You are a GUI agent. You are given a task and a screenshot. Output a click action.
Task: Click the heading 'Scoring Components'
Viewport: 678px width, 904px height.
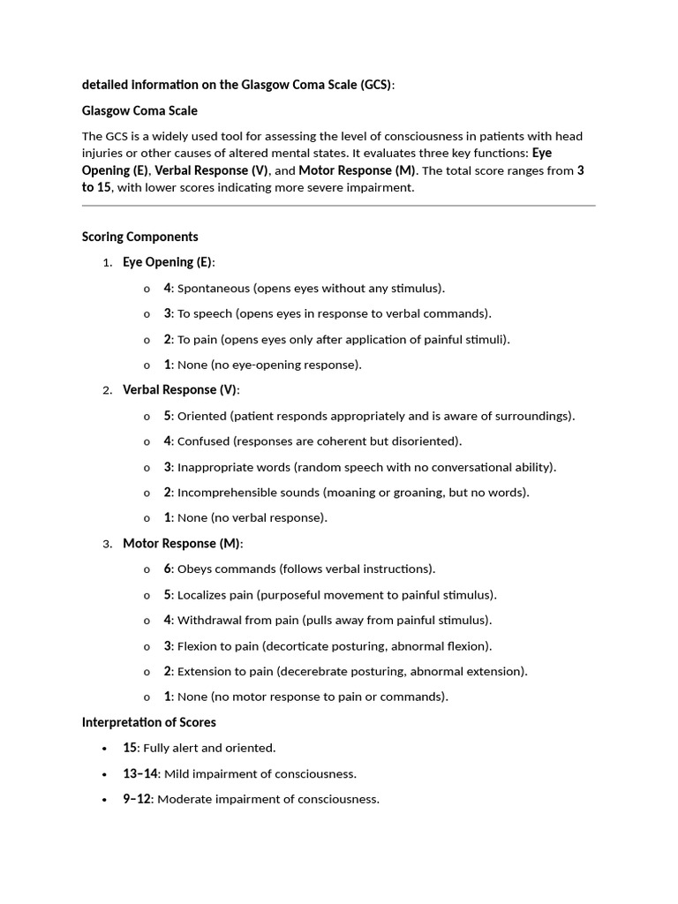pos(139,237)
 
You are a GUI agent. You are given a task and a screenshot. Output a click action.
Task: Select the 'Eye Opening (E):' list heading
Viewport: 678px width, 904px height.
pos(169,262)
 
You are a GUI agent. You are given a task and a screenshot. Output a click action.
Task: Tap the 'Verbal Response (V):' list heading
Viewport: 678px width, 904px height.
pos(181,389)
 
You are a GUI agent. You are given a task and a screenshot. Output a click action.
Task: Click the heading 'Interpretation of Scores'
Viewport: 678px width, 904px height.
pos(148,722)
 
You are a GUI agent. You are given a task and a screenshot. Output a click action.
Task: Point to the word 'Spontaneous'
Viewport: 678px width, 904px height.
pos(213,288)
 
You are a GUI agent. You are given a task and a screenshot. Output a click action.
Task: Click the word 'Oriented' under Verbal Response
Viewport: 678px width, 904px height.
pos(201,416)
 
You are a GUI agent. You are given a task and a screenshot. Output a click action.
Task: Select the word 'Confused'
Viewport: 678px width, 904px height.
pos(203,441)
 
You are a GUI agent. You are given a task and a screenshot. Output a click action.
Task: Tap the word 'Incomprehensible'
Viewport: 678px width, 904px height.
pos(224,493)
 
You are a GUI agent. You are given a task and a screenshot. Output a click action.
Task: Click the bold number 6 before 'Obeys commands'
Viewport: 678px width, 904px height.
pos(167,569)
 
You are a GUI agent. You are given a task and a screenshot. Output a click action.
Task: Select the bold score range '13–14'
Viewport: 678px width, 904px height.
pos(139,774)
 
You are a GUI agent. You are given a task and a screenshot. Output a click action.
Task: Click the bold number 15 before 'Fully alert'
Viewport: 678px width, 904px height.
pos(130,748)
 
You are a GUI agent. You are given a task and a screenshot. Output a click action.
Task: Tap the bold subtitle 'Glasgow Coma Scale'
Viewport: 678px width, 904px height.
pos(139,110)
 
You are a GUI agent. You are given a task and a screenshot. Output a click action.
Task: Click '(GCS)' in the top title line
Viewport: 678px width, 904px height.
pos(374,85)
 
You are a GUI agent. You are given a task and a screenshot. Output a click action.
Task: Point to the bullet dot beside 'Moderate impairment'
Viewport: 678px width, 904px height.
pos(105,800)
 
